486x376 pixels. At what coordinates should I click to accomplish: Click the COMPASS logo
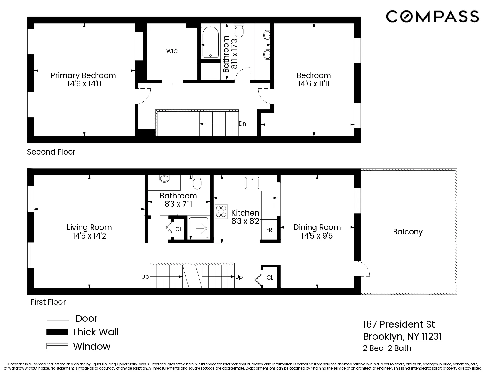point(432,16)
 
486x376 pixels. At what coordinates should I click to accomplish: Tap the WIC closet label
point(172,51)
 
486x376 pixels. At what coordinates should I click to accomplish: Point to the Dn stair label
point(242,124)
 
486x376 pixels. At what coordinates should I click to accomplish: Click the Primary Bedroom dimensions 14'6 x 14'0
point(84,84)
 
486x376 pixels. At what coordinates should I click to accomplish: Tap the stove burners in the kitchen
point(221,211)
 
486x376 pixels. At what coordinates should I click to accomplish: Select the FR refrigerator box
point(269,229)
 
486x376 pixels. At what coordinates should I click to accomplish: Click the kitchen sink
point(252,183)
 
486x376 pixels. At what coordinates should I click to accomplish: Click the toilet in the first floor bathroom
point(197,183)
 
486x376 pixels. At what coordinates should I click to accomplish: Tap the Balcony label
point(408,232)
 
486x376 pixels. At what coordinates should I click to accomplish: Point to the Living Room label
point(89,227)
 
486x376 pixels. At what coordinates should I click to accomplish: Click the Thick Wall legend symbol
point(57,332)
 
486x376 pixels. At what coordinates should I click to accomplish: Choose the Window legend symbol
point(57,346)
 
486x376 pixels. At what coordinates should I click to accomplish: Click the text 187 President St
point(399,324)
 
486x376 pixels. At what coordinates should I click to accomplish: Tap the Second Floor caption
point(51,152)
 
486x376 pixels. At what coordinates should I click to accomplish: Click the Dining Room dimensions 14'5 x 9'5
point(317,236)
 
